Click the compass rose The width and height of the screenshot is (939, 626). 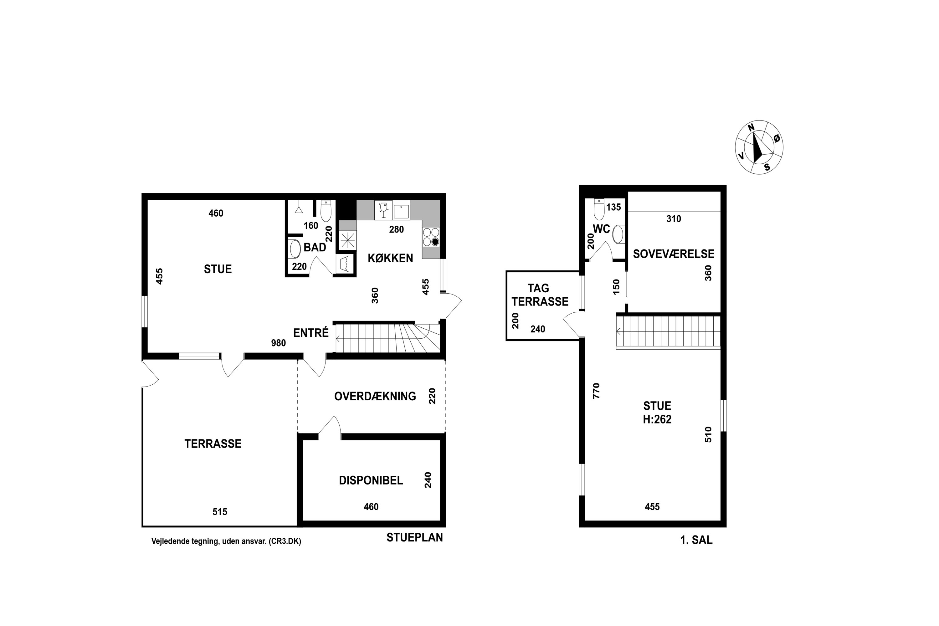[759, 147]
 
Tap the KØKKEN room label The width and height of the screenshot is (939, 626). [390, 258]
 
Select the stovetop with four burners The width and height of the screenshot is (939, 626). [431, 237]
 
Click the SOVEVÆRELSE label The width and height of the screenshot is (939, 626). [674, 254]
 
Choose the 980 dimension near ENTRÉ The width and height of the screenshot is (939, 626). [278, 343]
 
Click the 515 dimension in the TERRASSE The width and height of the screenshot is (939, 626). [220, 512]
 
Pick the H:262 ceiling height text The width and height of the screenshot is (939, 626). [657, 419]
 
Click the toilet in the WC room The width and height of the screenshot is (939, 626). [599, 209]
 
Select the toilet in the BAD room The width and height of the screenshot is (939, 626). [326, 211]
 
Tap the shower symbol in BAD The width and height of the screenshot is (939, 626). [299, 209]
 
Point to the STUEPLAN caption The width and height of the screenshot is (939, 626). [414, 537]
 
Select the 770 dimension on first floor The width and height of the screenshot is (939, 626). [596, 391]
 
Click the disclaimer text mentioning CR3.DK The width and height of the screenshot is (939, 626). [226, 541]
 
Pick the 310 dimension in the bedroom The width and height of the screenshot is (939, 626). [674, 219]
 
